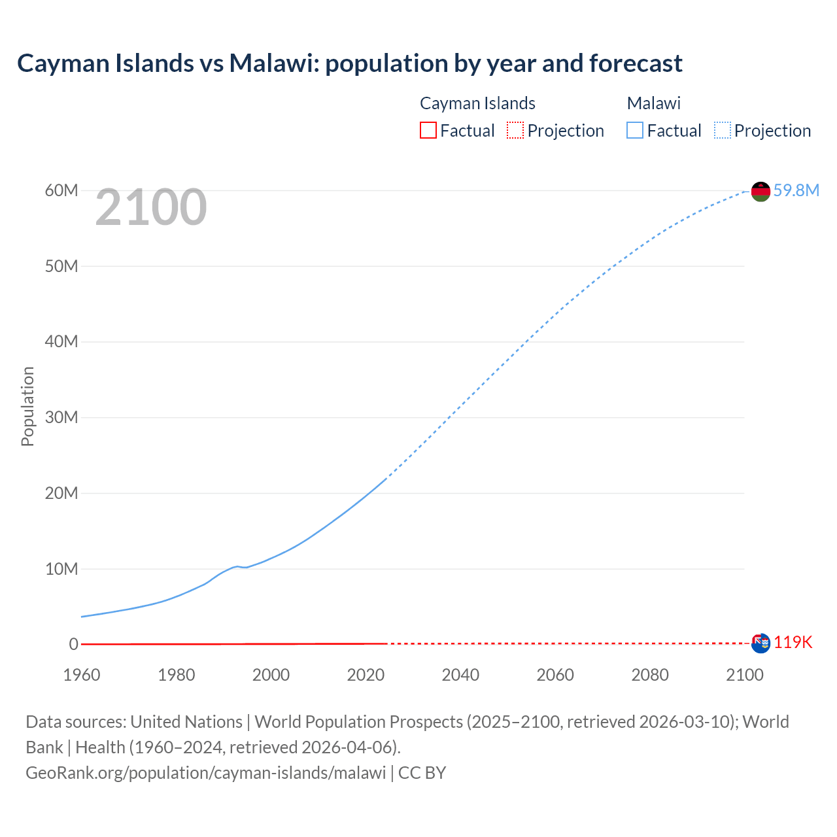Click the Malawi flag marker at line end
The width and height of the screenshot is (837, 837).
760,192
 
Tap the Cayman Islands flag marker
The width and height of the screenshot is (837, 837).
760,643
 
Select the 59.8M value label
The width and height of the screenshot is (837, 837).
796,190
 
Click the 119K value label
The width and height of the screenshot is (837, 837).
793,643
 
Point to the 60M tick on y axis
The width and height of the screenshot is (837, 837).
61,190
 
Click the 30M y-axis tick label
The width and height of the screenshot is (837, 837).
61,417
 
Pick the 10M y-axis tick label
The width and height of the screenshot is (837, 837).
61,569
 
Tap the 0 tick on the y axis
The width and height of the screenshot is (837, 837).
73,644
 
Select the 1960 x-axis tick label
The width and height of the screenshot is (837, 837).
82,675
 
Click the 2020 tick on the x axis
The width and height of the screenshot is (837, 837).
366,675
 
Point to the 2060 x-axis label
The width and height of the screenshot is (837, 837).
555,675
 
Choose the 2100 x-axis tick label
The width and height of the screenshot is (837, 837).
744,675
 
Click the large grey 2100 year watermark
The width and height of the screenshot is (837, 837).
151,208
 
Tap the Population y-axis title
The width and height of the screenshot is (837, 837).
27,406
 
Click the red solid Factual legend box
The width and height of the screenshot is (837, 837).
428,131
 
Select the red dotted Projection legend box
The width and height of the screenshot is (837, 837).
515,131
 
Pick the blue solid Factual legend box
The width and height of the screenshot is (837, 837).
635,131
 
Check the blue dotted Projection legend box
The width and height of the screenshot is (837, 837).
723,131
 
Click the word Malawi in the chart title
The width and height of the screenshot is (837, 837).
273,63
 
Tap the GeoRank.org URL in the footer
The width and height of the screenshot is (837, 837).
205,773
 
